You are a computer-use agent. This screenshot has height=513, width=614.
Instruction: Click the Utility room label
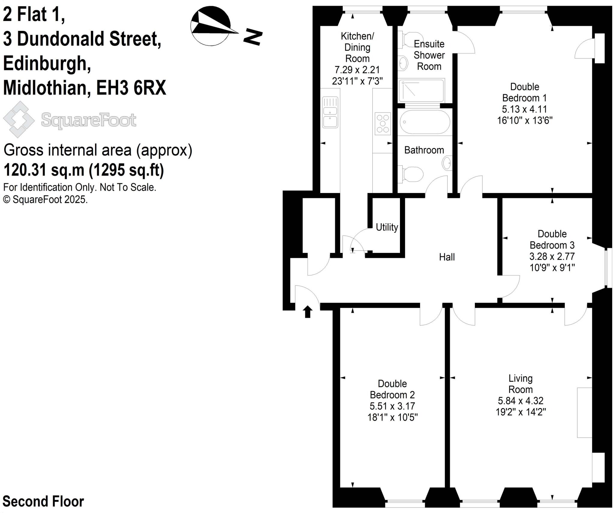(387, 227)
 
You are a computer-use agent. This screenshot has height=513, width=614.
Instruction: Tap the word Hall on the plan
(447, 257)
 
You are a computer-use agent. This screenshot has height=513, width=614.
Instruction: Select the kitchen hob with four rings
(383, 123)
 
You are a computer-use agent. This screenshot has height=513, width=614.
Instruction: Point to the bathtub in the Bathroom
(425, 122)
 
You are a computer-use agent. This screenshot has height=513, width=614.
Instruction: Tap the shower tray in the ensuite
(421, 90)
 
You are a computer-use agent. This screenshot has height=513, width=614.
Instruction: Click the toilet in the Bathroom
(411, 174)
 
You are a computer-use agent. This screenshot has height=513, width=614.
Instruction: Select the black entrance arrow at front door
(308, 312)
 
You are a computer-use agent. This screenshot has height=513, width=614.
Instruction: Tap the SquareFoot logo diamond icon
(19, 119)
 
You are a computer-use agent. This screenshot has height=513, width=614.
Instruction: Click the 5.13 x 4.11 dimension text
(524, 109)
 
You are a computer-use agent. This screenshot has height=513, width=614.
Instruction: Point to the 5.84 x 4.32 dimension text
(520, 401)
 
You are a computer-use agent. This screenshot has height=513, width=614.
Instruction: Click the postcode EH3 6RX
(131, 88)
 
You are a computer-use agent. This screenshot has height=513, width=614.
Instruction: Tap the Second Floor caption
(43, 501)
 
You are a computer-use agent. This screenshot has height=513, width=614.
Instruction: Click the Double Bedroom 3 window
(608, 268)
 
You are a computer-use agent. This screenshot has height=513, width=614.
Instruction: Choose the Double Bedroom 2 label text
(392, 389)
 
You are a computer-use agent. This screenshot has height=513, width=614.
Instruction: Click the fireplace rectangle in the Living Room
(584, 412)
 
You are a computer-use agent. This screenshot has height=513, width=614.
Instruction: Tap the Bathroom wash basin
(447, 163)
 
